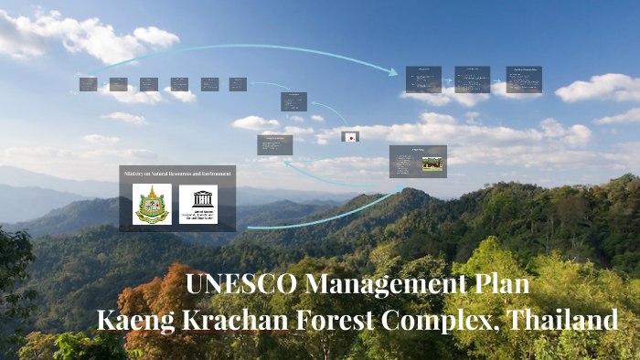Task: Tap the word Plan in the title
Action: [x=500, y=284]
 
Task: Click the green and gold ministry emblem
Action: [x=152, y=204]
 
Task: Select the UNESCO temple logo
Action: [x=198, y=204]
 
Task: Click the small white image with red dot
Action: [x=349, y=137]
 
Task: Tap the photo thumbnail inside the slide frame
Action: [x=432, y=164]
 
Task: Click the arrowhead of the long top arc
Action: [x=395, y=71]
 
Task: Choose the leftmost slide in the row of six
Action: [x=88, y=84]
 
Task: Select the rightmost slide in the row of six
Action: [x=238, y=84]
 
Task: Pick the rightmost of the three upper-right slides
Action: [x=524, y=79]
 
